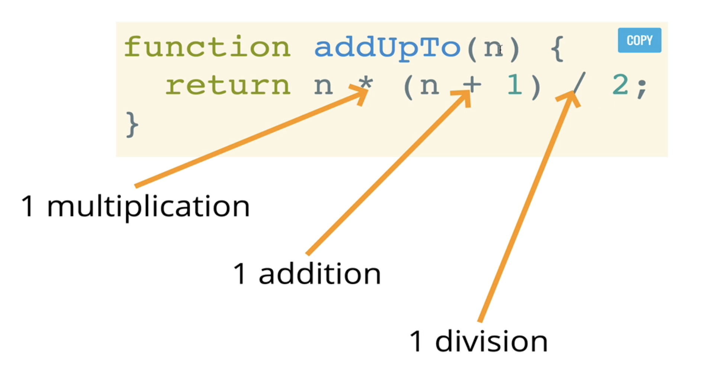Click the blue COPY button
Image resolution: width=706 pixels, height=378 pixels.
639,40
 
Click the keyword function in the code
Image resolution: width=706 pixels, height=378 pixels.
207,48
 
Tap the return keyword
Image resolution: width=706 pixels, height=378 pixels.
228,86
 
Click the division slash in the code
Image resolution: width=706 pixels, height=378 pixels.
579,84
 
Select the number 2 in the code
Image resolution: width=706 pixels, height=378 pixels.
620,85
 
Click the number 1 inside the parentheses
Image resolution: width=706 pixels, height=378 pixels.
515,85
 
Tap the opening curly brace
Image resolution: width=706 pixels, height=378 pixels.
557,48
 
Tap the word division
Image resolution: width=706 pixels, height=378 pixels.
491,342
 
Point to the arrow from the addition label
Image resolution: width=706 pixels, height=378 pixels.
387,175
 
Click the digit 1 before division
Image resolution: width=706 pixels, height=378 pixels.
416,342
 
